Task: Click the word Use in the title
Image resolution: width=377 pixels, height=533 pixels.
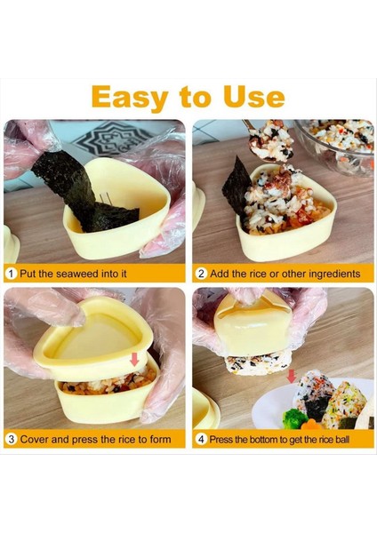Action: [252, 96]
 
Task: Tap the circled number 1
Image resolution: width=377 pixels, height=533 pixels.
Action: [12, 274]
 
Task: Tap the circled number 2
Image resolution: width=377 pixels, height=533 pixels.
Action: [201, 274]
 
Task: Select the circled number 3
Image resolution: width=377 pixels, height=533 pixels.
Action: [12, 439]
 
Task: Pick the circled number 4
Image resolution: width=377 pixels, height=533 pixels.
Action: [201, 439]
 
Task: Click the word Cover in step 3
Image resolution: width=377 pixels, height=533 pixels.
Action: [37, 439]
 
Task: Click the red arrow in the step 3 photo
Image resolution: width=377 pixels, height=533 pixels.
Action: [135, 360]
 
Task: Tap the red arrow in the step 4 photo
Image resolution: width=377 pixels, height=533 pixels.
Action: [291, 377]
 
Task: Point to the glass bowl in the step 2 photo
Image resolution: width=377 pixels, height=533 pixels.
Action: [342, 147]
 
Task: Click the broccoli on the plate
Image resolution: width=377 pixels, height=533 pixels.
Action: [291, 418]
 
